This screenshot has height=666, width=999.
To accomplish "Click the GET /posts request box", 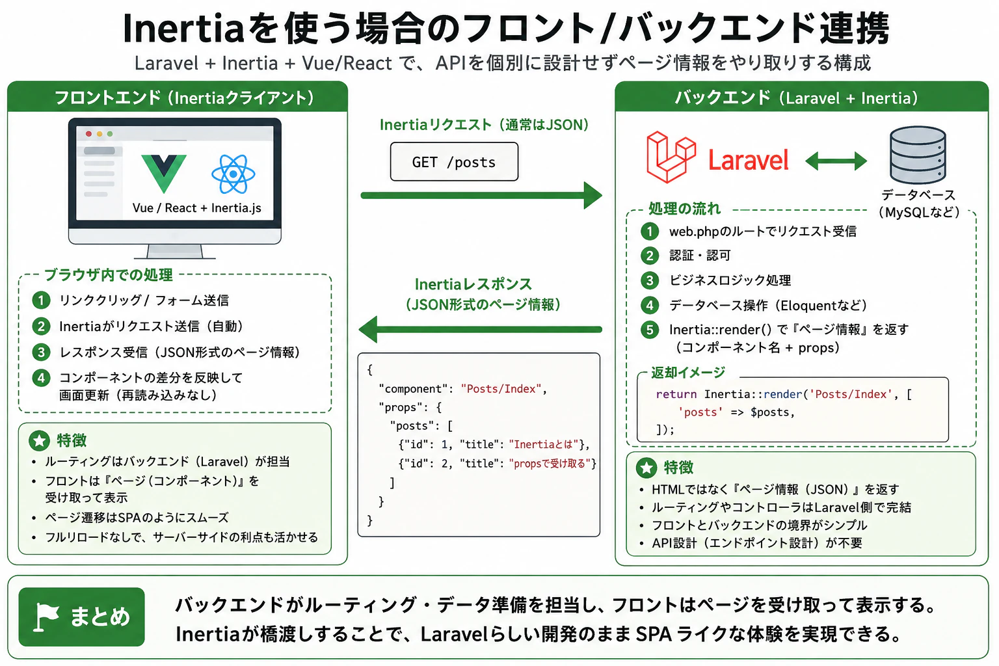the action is click(x=454, y=161).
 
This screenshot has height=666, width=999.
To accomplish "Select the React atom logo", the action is click(x=233, y=174).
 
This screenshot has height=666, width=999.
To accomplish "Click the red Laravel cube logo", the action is click(x=671, y=157).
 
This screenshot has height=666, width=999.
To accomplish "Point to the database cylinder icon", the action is click(x=918, y=155).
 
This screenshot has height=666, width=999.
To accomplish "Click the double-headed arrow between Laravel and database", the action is click(x=836, y=161).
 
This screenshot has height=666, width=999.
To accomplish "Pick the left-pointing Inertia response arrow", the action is click(x=481, y=329).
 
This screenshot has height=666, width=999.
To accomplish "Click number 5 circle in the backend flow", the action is click(x=650, y=330).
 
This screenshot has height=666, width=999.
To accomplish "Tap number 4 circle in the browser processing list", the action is click(x=41, y=378).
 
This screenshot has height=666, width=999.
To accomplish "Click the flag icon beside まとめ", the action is click(x=46, y=617).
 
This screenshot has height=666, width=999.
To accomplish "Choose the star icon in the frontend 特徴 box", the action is click(x=39, y=441).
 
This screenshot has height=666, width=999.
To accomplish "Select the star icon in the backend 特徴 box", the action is click(x=646, y=468).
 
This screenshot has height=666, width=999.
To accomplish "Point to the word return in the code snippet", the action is click(x=676, y=394).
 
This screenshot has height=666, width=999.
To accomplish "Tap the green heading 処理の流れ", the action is click(x=685, y=208).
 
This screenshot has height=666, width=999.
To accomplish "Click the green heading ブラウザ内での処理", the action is click(x=109, y=274).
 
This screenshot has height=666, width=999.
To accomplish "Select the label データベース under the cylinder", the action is click(x=918, y=195).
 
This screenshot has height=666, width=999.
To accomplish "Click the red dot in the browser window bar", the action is click(x=88, y=134).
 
